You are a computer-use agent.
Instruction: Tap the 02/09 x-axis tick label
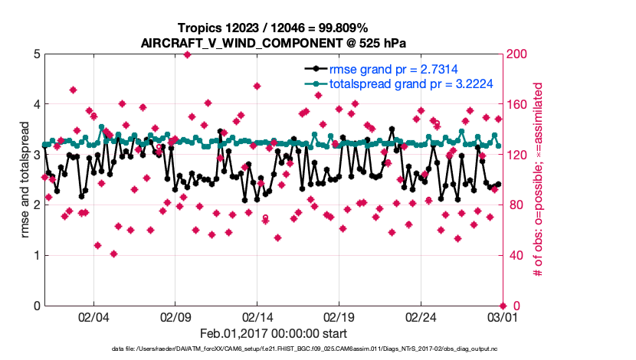point(175,316)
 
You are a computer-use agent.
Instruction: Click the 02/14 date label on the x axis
point(257,316)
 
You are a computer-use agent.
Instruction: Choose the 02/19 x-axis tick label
point(339,316)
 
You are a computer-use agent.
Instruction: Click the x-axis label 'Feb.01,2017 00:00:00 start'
point(273,333)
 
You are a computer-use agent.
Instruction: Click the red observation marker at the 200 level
point(188,54)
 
